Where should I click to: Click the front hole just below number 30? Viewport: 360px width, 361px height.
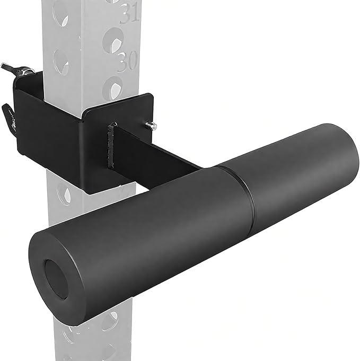(x=113, y=84)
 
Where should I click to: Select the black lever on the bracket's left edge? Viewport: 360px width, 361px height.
(x=7, y=112)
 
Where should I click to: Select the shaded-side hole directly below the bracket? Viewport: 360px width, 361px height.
(x=63, y=198)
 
